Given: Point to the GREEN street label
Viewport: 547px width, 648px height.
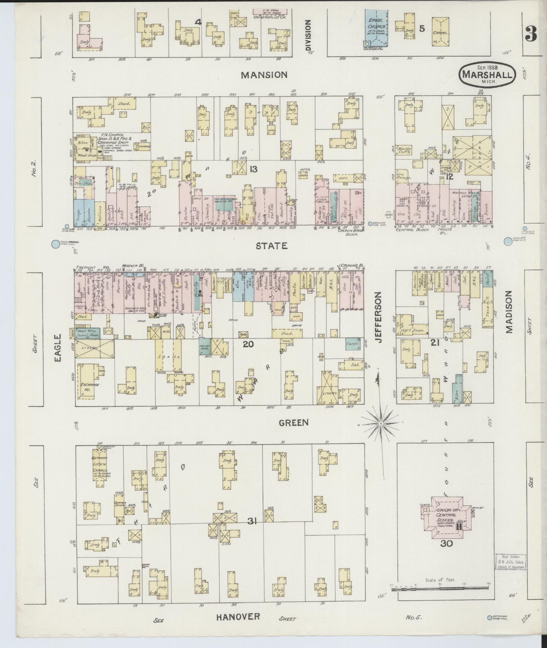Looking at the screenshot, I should tap(294, 422).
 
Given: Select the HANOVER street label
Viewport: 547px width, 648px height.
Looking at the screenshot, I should tap(238, 616).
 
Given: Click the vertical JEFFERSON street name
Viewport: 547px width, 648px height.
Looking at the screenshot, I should tap(379, 317).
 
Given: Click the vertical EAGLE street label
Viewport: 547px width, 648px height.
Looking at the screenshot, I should tap(58, 348).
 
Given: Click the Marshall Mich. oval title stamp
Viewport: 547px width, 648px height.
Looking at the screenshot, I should tap(486, 74).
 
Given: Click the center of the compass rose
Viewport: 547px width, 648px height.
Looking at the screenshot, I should tap(381, 424).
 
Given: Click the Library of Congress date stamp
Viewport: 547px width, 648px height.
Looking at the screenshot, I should tap(510, 562).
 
